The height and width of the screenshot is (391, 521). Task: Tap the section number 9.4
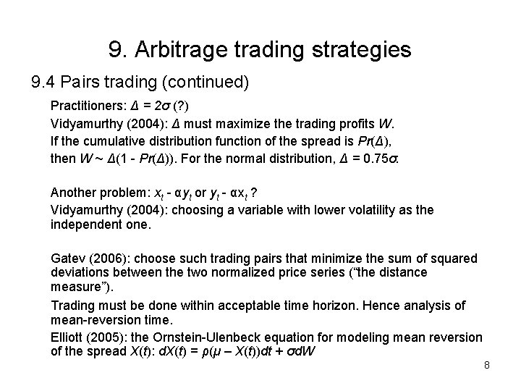point(43,82)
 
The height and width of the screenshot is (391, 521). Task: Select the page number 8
point(487,365)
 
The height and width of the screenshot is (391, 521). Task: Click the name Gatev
point(67,258)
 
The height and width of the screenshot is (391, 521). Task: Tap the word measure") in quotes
point(75,286)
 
